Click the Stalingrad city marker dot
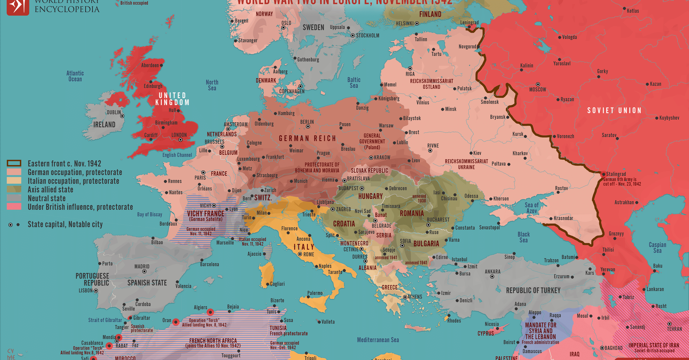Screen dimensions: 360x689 click(x=603, y=174)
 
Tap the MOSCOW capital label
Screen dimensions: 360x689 click(x=537, y=90)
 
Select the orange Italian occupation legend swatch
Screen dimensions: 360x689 click(x=14, y=181)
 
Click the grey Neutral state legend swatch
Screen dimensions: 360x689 click(x=14, y=198)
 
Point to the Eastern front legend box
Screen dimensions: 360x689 click(x=14, y=163)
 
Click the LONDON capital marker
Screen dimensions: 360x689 click(x=180, y=140)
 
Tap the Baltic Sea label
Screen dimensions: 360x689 click(x=354, y=83)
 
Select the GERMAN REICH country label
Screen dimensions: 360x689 click(x=307, y=138)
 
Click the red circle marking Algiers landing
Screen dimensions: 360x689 click(x=210, y=312)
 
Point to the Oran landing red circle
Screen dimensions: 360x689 click(x=176, y=322)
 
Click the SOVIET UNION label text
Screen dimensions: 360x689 click(x=614, y=111)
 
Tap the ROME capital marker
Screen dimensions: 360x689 click(x=300, y=254)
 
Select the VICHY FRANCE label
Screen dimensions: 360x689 click(x=206, y=214)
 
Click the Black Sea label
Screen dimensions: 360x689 click(x=523, y=237)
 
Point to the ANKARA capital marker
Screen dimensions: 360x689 click(x=492, y=276)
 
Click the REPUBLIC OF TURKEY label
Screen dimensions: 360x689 click(x=533, y=291)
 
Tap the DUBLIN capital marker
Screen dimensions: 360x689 click(x=122, y=116)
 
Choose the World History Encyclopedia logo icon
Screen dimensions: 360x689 click(x=18, y=6)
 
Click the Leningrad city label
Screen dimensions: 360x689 click(x=469, y=22)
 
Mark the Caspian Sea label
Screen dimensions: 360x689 click(x=657, y=247)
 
